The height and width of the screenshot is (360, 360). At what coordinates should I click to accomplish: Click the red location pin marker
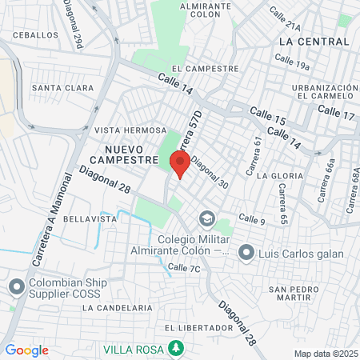pos(179,164)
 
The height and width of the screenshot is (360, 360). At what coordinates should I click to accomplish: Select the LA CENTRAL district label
pos(314,41)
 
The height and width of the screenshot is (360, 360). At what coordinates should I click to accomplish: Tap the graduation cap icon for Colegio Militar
pos(207,218)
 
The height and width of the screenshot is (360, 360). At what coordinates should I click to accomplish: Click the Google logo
pos(26,350)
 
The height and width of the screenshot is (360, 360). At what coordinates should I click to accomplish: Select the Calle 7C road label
pos(184,268)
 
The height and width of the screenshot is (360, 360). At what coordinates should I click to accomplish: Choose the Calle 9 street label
pos(251,219)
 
